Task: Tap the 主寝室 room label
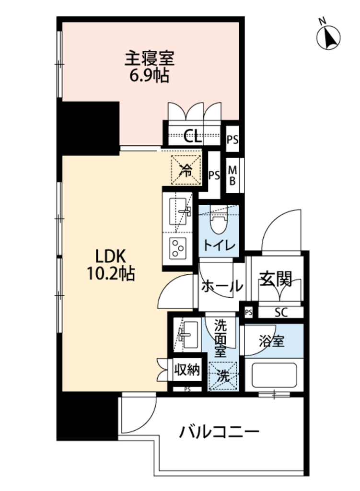tap(150, 59)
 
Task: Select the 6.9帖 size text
tap(150, 75)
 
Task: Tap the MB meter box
tap(232, 175)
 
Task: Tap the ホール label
tap(221, 287)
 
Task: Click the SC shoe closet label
tap(280, 313)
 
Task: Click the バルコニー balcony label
tap(220, 432)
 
